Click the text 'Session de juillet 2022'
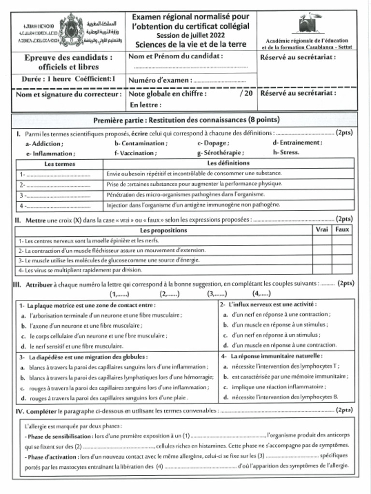click(x=190, y=35)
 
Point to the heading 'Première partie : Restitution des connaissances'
click(x=186, y=120)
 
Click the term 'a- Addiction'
click(x=44, y=143)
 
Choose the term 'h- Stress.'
click(x=286, y=152)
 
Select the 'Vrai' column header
click(x=322, y=230)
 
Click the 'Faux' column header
click(x=342, y=230)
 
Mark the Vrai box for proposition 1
click(x=322, y=240)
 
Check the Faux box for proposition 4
click(x=342, y=270)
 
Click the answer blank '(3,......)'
click(x=217, y=293)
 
